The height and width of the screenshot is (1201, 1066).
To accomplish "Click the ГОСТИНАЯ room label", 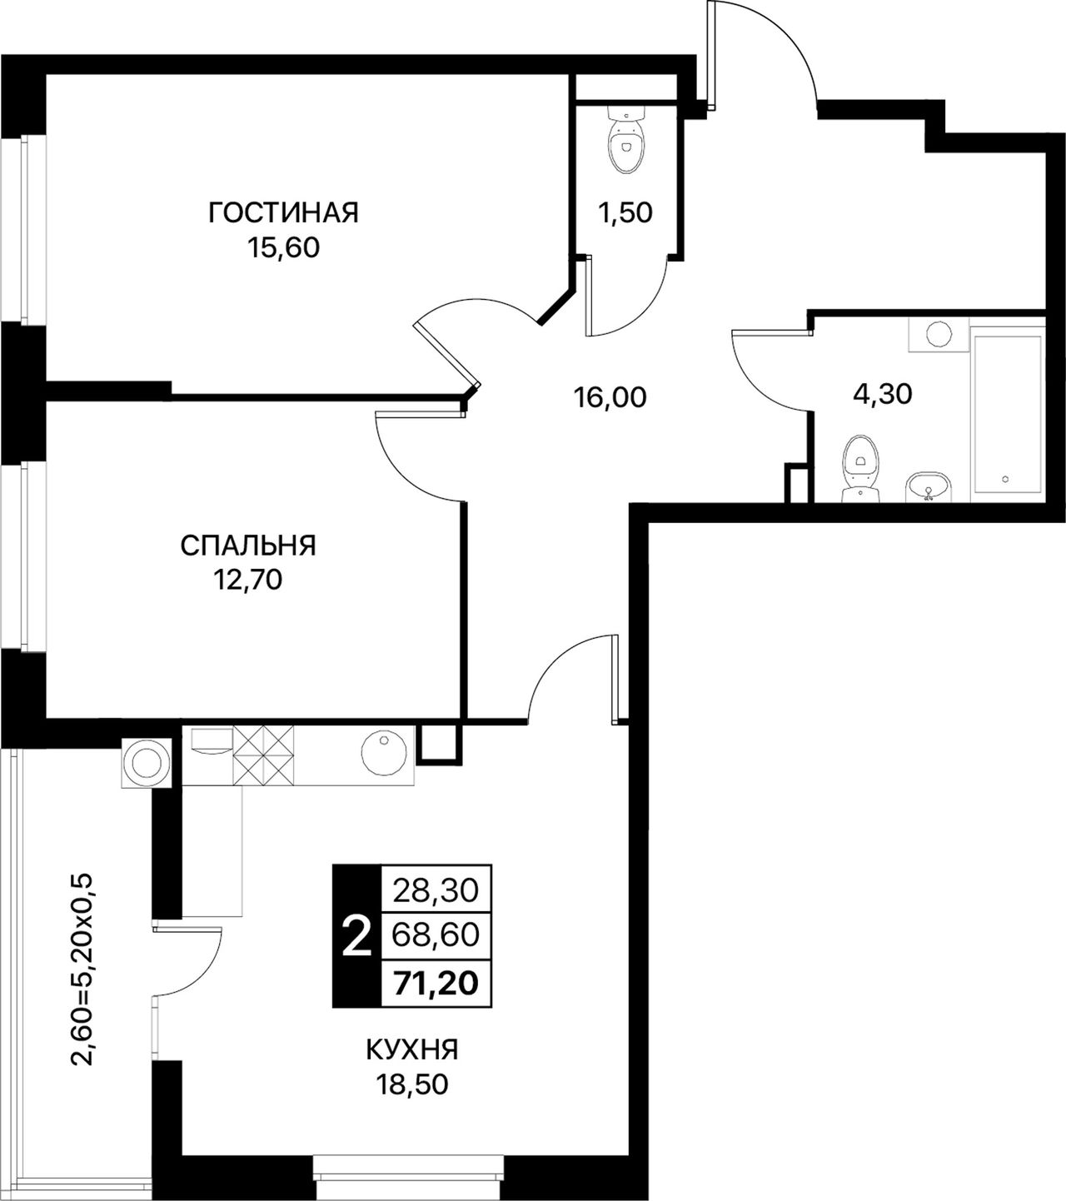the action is coord(283,212).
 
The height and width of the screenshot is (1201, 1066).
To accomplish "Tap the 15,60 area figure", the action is coord(283,248).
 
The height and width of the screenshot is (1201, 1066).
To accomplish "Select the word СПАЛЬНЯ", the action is coord(248,546).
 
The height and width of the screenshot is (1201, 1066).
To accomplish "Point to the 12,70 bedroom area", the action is coord(248,581).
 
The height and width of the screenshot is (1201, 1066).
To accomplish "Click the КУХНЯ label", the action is coord(412,1050).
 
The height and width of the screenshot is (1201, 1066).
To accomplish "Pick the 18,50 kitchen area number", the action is coord(412,1085).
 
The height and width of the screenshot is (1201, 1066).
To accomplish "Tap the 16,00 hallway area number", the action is coord(610,397).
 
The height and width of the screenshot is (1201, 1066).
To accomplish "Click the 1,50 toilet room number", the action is coord(625,212).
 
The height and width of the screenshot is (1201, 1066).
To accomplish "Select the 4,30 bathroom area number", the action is coord(882,394).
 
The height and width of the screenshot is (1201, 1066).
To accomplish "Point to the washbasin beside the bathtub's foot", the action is coord(929,486).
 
